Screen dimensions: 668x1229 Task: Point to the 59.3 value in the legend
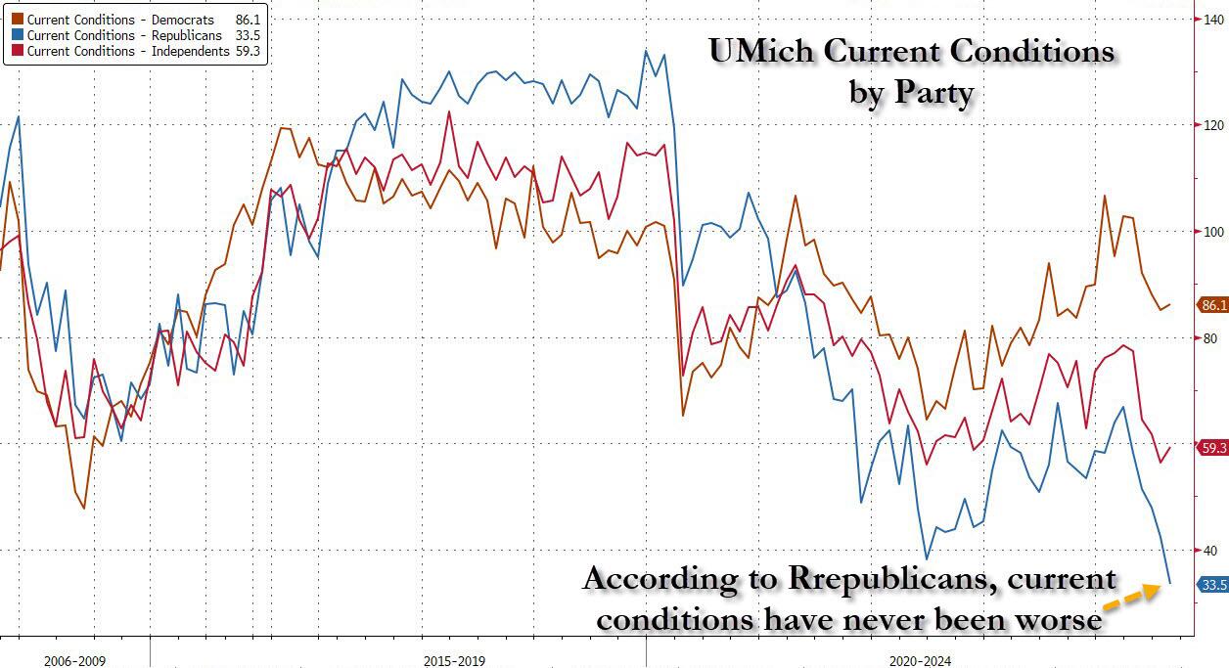tap(249, 51)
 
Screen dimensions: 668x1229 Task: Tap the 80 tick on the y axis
tap(1208, 338)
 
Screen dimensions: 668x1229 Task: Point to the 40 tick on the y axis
tap(1208, 551)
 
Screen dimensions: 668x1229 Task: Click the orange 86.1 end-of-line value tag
tap(1213, 305)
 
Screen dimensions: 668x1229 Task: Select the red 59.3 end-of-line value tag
tap(1213, 448)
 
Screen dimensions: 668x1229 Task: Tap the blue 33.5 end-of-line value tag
tap(1213, 585)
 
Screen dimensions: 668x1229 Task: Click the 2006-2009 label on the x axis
tap(74, 661)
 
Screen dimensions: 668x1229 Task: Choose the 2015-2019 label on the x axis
tap(453, 661)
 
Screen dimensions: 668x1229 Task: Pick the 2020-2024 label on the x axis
tap(920, 661)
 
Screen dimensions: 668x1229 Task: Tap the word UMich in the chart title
tap(754, 52)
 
